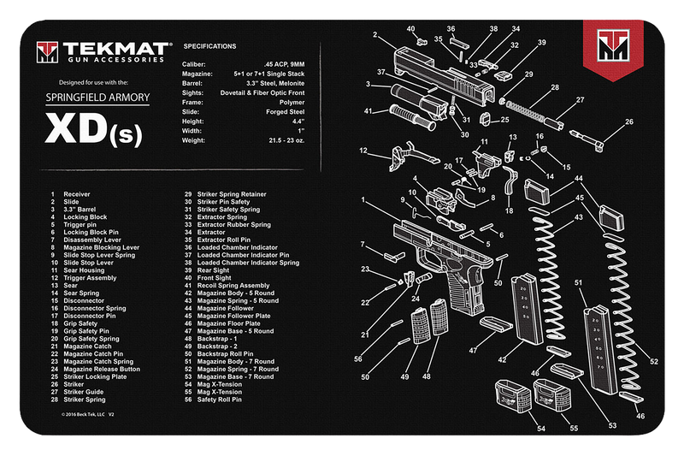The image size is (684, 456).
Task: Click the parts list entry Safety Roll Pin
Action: [220, 399]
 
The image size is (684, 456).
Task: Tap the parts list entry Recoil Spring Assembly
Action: [233, 285]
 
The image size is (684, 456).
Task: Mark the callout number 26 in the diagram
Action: [630, 121]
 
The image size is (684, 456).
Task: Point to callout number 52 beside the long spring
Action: [654, 362]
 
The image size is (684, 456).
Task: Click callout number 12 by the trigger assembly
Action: [363, 151]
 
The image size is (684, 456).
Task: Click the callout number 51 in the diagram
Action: [579, 281]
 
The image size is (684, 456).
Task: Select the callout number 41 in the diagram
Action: [369, 111]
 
